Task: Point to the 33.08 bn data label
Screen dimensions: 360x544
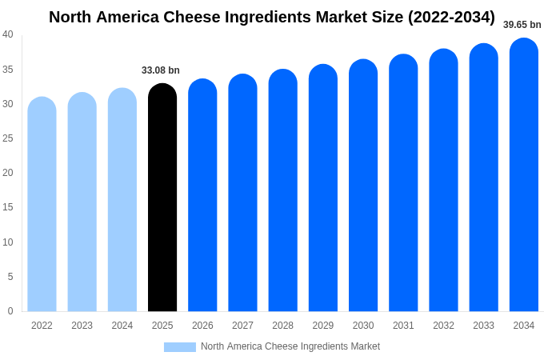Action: coord(161,70)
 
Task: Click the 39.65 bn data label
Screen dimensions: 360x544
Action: coord(522,25)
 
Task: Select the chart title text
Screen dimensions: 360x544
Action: coord(272,17)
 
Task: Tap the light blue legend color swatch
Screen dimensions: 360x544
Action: coord(180,347)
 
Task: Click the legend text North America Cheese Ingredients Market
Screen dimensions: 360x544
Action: coord(290,346)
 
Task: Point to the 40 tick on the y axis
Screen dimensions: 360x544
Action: coord(8,34)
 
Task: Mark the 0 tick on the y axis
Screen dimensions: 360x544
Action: coord(10,311)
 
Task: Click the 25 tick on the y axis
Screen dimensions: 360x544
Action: coord(8,138)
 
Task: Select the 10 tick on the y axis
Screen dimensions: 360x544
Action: coord(8,242)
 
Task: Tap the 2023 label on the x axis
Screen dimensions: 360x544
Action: coord(82,326)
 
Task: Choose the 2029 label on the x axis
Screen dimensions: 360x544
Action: coord(323,326)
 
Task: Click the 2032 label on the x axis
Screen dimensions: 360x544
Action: coord(443,326)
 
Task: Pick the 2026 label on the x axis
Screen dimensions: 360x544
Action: coord(202,326)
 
